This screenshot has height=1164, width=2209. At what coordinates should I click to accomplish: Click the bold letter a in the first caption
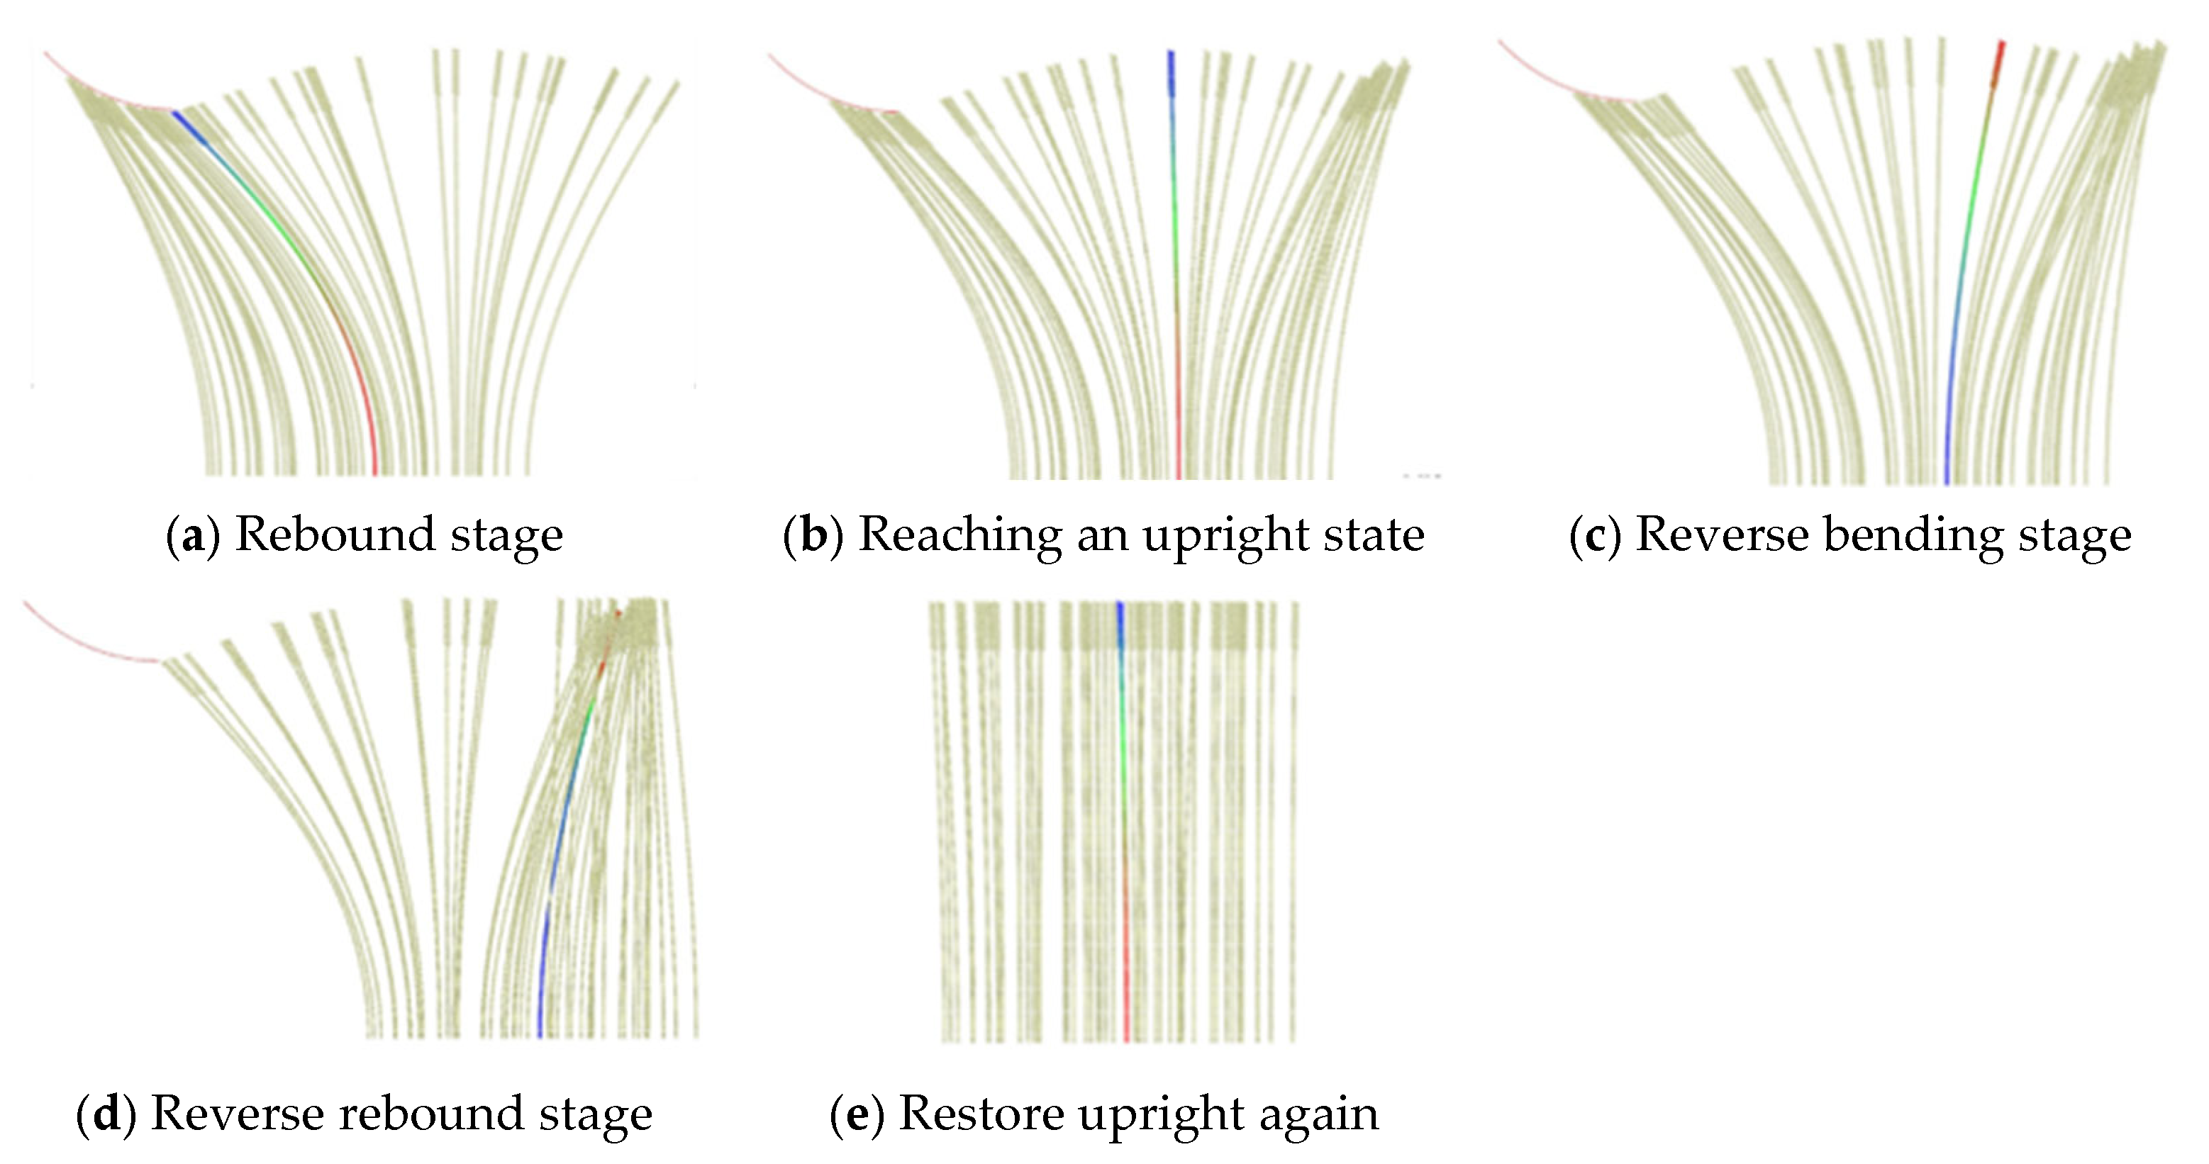pyautogui.click(x=193, y=537)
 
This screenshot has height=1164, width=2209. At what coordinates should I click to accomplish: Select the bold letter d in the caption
pyautogui.click(x=106, y=1114)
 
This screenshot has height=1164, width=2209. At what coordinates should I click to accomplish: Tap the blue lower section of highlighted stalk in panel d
pyautogui.click(x=542, y=986)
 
